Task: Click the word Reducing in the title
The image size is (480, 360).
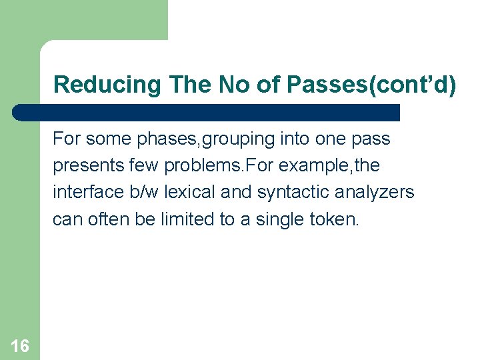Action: coord(107,85)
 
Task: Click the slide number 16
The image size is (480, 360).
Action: coord(20,345)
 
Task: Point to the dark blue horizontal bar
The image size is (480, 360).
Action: coord(207,112)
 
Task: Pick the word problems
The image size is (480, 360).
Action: coord(215,166)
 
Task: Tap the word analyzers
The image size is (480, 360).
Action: coord(376,193)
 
